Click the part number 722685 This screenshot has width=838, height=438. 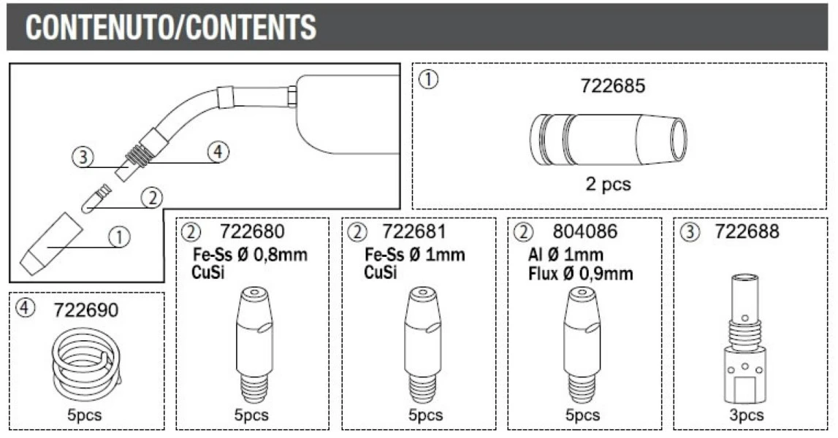pyautogui.click(x=613, y=86)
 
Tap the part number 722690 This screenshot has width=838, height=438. pyautogui.click(x=85, y=310)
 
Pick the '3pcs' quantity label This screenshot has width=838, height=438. pyautogui.click(x=746, y=415)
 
